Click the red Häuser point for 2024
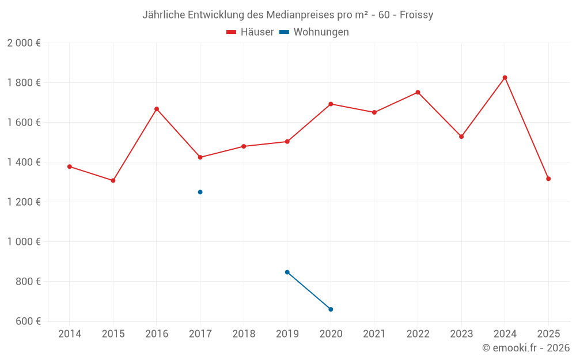505,78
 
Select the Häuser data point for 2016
157,109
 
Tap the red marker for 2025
548,179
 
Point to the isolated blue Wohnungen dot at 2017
200,192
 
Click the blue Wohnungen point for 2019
287,272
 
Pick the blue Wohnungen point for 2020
331,309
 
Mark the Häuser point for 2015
113,180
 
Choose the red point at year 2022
418,92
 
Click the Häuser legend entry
250,32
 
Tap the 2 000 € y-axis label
24,43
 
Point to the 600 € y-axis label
28,321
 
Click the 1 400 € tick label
24,162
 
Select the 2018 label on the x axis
244,334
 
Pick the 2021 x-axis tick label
374,334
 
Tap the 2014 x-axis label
70,334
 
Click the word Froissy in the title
416,15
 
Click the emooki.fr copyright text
525,348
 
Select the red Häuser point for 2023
461,137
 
